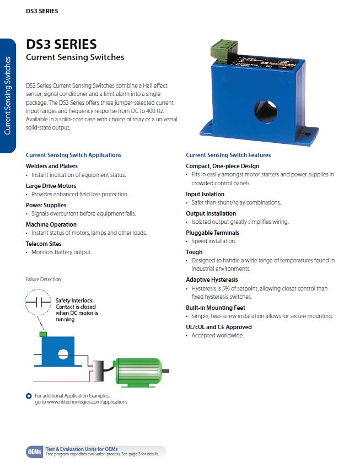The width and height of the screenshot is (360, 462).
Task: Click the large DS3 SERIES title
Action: click(61, 44)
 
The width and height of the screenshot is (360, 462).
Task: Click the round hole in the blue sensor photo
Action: click(265, 111)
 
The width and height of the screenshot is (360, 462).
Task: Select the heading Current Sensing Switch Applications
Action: click(74, 155)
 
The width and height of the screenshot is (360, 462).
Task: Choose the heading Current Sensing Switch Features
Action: click(228, 155)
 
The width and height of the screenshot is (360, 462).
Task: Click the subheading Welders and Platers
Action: click(52, 166)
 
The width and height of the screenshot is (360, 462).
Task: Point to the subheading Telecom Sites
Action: click(44, 244)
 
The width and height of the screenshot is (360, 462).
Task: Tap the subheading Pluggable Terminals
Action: click(212, 233)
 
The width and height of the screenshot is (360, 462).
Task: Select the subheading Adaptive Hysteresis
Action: click(212, 280)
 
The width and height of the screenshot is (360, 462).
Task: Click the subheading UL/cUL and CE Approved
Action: click(219, 327)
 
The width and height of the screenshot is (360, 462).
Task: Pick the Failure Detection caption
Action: click(44, 280)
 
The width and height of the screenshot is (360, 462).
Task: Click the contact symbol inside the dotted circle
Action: click(38, 302)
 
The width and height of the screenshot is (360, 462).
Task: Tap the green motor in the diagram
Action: click(138, 373)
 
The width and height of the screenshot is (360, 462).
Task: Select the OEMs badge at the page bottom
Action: click(35, 452)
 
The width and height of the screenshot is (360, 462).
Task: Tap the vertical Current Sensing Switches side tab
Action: click(8, 96)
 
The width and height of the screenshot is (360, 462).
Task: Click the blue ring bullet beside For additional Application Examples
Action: click(29, 396)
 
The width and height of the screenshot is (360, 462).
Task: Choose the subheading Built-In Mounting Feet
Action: click(216, 308)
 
